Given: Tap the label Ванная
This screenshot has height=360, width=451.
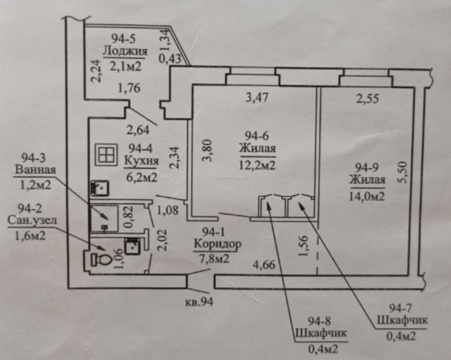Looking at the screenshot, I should pyautogui.click(x=36, y=172).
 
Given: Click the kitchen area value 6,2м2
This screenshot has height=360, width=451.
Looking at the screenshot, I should pyautogui.click(x=141, y=176).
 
